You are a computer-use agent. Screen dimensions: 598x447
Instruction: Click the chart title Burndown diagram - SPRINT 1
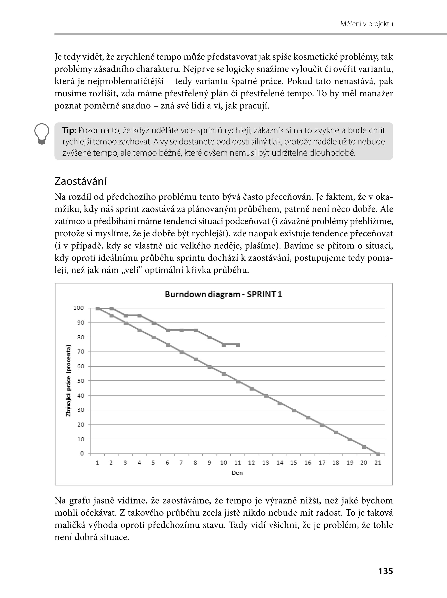(x=223, y=294)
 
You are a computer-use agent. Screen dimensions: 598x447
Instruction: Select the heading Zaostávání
(x=81, y=181)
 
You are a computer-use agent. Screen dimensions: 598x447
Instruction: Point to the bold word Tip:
(x=69, y=131)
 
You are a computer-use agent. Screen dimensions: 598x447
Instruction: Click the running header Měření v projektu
(x=366, y=24)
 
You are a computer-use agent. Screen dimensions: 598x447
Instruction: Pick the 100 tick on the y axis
(x=79, y=308)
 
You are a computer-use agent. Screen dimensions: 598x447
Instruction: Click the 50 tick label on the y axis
(x=80, y=381)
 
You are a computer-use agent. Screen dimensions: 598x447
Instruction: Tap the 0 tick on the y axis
(x=82, y=453)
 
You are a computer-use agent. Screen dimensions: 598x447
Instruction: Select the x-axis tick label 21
(x=378, y=463)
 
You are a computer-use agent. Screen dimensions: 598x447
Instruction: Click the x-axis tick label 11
(x=237, y=463)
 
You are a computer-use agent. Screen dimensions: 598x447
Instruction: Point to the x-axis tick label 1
(x=97, y=463)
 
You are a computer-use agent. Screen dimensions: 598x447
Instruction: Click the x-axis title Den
(x=237, y=473)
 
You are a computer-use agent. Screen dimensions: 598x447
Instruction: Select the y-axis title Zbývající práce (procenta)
(x=68, y=380)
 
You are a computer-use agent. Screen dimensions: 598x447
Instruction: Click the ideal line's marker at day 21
(x=378, y=454)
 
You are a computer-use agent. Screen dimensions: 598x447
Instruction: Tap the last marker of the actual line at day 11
(x=238, y=345)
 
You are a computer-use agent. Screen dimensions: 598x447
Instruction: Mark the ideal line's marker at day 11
(x=238, y=382)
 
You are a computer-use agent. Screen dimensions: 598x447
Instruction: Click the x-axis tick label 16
(x=308, y=463)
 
